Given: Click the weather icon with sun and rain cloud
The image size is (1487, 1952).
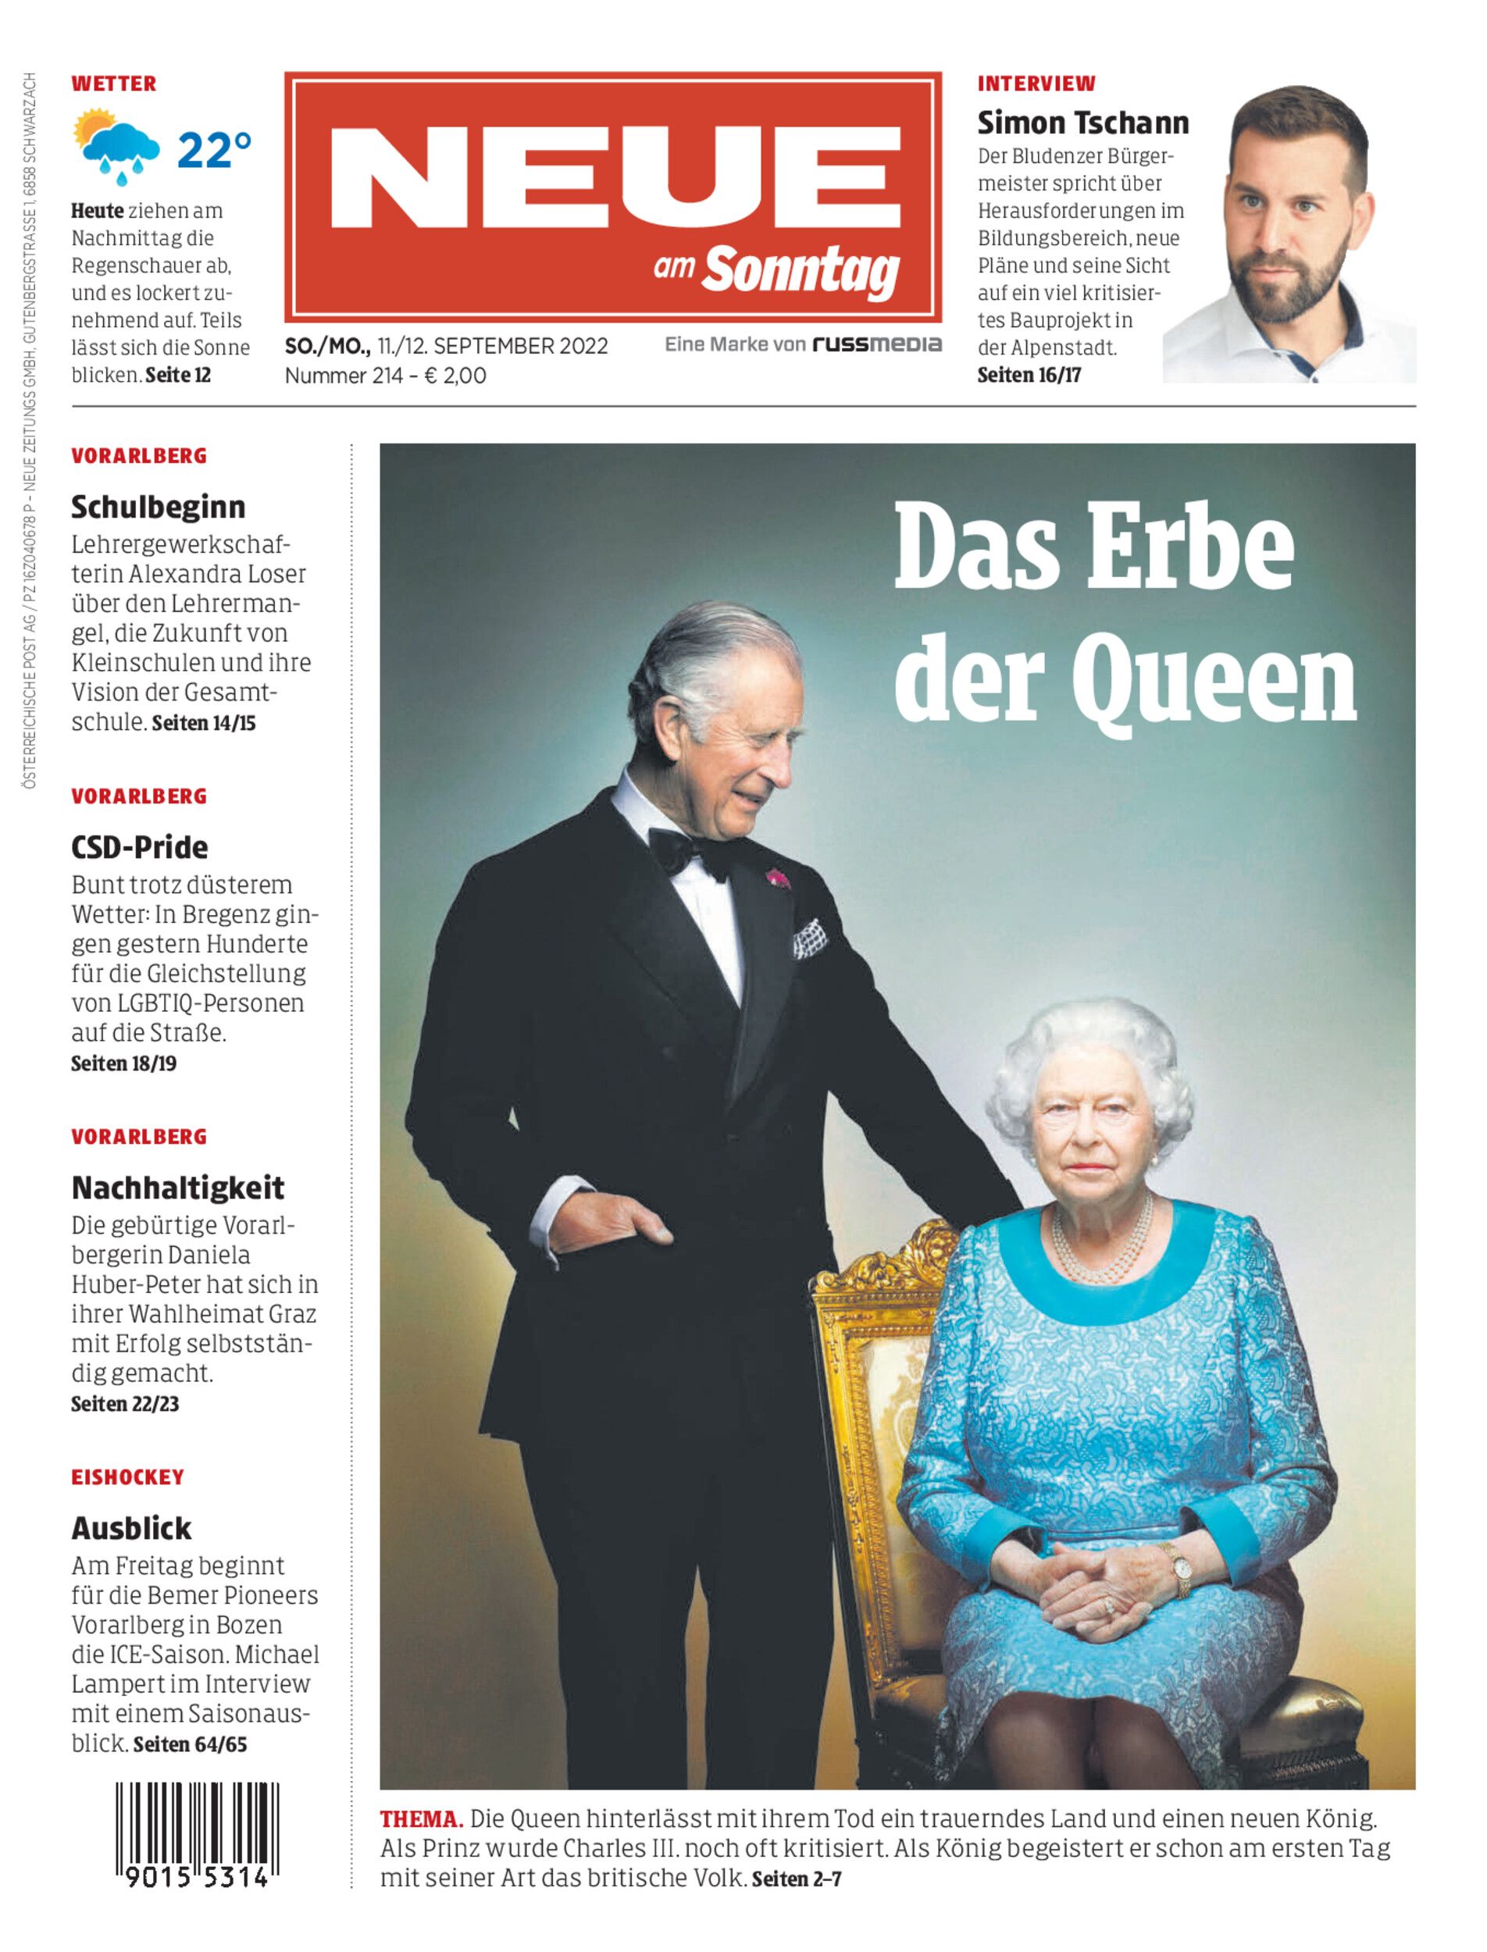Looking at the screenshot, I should pyautogui.click(x=116, y=145).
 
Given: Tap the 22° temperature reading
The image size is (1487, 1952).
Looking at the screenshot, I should pyautogui.click(x=213, y=151).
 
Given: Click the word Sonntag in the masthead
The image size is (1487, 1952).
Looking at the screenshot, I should pyautogui.click(x=801, y=269).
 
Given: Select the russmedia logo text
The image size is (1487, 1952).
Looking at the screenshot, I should pyautogui.click(x=877, y=344).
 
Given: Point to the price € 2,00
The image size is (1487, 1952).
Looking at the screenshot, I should pyautogui.click(x=455, y=376).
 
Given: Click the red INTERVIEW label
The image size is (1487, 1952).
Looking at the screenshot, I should pyautogui.click(x=1036, y=84).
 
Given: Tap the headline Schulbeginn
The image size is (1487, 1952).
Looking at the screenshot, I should pyautogui.click(x=159, y=507).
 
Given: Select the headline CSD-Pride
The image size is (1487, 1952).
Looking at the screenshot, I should pyautogui.click(x=140, y=847).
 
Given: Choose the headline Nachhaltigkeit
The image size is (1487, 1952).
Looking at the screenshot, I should pyautogui.click(x=178, y=1188).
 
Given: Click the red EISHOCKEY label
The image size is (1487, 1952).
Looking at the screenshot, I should pyautogui.click(x=127, y=1476).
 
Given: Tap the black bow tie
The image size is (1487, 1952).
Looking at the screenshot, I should pyautogui.click(x=689, y=851).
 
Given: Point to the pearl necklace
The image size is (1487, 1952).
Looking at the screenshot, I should pyautogui.click(x=1103, y=1244).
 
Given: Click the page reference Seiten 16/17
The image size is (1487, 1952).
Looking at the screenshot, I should pyautogui.click(x=1029, y=376).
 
